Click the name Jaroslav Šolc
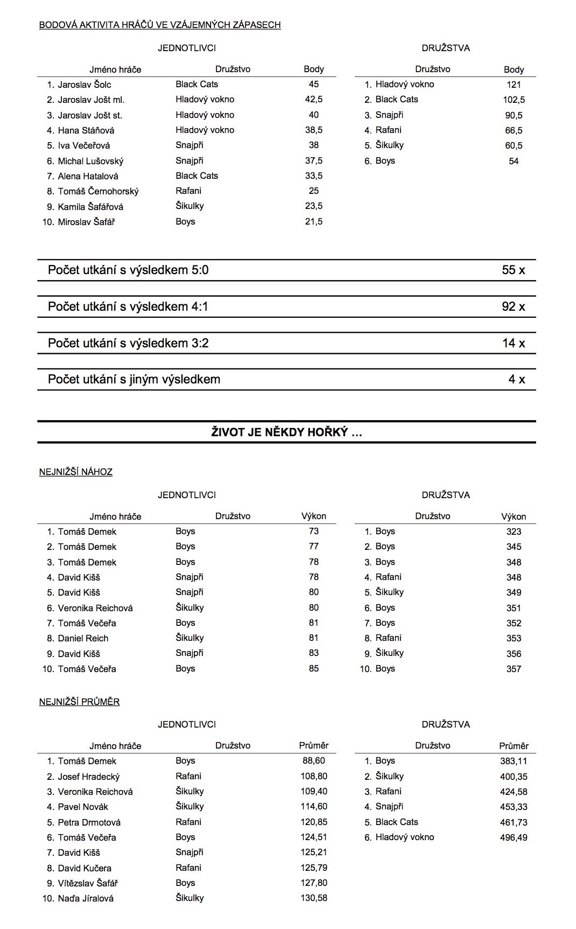click(85, 85)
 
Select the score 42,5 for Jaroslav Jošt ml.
click(313, 100)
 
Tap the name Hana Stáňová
click(86, 130)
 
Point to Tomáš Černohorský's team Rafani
click(188, 191)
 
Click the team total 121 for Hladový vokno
click(514, 85)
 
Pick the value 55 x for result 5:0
click(513, 270)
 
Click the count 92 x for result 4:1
click(513, 307)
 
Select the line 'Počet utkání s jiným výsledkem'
click(134, 380)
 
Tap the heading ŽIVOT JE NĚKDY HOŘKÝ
click(286, 432)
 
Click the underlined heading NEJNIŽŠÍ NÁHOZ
click(76, 472)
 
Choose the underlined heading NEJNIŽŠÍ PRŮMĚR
click(80, 702)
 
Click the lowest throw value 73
click(314, 532)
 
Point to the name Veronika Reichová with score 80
click(95, 608)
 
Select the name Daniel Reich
click(83, 638)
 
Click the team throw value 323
click(514, 532)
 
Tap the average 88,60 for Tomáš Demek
click(313, 761)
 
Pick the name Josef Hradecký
click(89, 777)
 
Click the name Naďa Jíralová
click(86, 898)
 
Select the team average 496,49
click(514, 837)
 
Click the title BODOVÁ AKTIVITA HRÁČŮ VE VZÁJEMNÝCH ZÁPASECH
click(160, 25)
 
